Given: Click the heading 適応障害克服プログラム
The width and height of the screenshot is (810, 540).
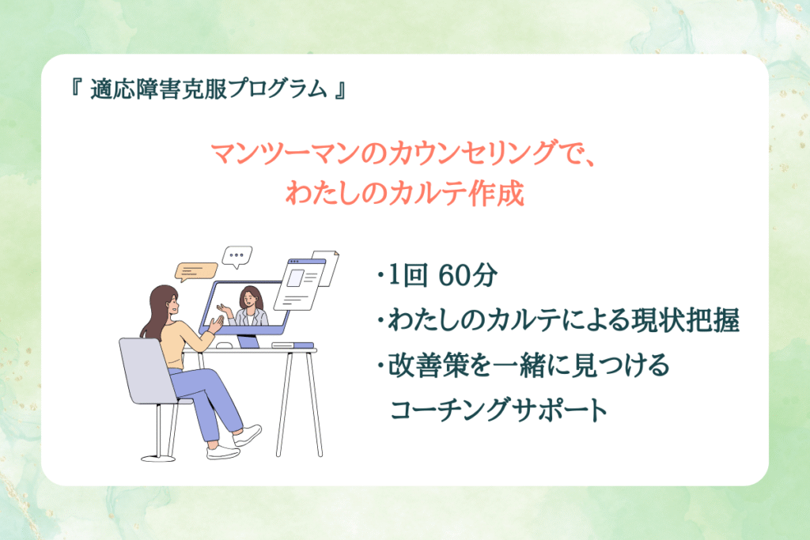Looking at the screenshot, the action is tap(208, 89).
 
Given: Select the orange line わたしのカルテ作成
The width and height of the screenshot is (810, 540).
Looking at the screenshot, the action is tap(405, 193).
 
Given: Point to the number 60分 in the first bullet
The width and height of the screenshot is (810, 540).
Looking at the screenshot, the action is tap(467, 275).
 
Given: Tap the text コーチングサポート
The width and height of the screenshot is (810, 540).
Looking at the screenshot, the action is tap(499, 410).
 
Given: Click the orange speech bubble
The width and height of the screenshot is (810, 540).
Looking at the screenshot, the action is tap(196, 271).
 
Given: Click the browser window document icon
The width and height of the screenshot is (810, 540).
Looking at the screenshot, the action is tap(301, 284).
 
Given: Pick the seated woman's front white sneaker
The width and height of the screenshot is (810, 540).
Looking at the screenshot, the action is tap(247, 434).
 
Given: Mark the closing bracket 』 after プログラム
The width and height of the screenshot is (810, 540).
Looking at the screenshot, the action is tap(339, 89).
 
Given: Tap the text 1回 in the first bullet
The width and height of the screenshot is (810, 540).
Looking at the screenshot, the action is tap(407, 275).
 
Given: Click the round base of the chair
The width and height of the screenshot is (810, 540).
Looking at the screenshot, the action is tap(158, 458).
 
